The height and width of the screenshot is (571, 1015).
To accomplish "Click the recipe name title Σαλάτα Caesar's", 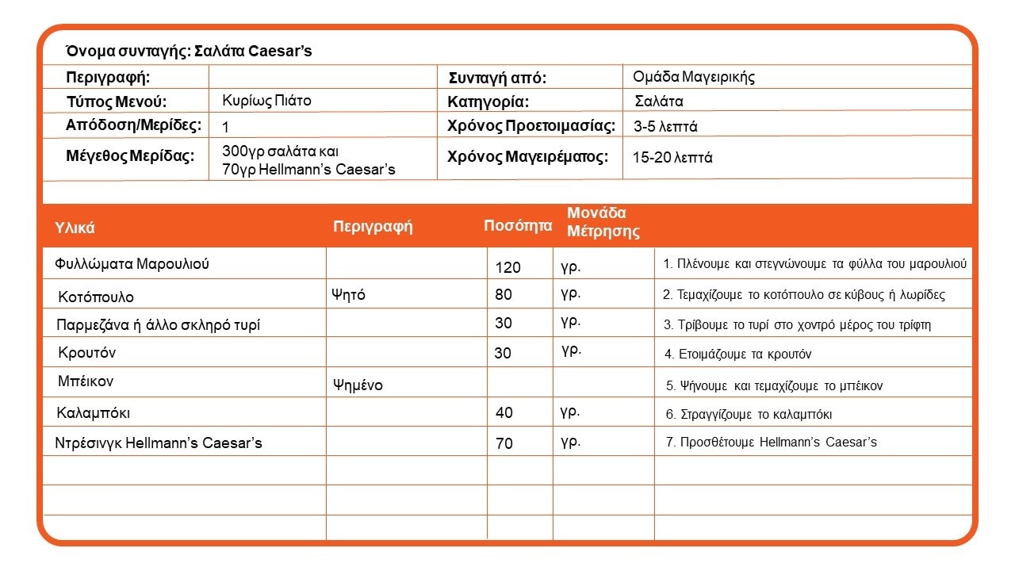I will point(189,52).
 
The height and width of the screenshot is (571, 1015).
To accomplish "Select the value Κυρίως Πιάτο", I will point(266,101).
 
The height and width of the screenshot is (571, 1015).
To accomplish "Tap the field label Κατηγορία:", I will point(488,102).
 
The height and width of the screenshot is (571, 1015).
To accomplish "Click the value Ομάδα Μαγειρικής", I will point(693,77).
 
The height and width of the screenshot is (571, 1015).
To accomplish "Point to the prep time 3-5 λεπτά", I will point(665,126).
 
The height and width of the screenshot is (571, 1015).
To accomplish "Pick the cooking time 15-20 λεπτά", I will point(672,158).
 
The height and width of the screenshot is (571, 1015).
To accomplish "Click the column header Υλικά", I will point(75,228).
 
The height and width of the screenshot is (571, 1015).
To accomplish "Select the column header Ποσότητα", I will point(518,226).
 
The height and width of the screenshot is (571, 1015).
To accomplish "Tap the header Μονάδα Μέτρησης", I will point(603,223).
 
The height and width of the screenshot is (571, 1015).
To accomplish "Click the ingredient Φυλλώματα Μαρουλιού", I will point(132,264).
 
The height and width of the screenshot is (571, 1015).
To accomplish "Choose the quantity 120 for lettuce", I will point(507,267).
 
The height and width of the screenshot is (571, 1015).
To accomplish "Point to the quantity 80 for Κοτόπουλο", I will point(504,295).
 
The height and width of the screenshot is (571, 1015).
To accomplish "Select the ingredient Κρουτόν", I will point(86,352).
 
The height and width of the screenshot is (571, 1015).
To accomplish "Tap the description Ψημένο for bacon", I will point(358,385).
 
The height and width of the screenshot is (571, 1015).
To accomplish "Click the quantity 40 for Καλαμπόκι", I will point(504,412).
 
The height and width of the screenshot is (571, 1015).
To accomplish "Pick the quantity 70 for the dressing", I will point(504,443).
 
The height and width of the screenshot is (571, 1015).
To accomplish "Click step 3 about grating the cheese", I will point(797,325).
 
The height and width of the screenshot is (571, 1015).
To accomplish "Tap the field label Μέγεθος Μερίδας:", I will point(130,155).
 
